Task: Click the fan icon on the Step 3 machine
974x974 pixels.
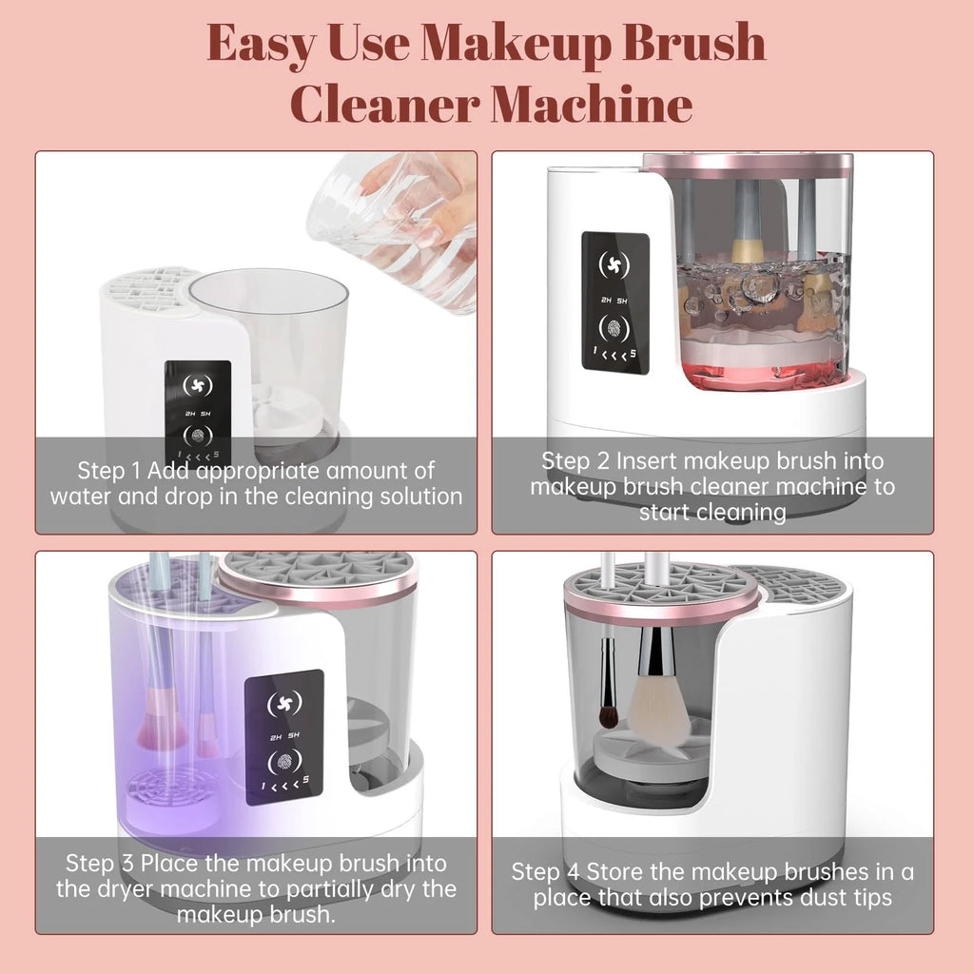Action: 284,703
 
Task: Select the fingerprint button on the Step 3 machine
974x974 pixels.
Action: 284,762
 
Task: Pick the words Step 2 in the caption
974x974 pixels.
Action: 575,461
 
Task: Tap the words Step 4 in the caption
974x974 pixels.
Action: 545,872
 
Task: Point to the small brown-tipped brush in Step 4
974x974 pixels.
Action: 608,708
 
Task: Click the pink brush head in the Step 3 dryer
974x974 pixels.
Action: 163,728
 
